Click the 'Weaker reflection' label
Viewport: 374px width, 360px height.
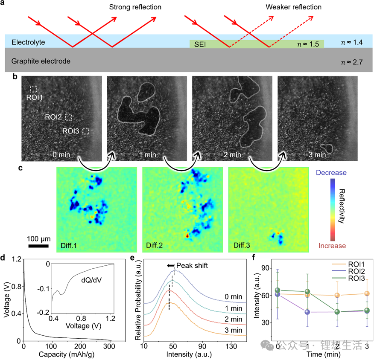pyautogui.click(x=293, y=7)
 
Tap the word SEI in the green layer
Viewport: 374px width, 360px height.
pyautogui.click(x=199, y=44)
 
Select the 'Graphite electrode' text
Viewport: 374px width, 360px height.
pyautogui.click(x=41, y=61)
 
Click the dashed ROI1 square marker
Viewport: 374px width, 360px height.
pyautogui.click(x=33, y=89)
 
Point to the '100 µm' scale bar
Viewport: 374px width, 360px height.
pyautogui.click(x=38, y=246)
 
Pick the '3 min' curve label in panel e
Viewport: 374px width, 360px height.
pyautogui.click(x=234, y=330)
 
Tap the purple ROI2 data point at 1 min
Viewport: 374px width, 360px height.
pyautogui.click(x=307, y=312)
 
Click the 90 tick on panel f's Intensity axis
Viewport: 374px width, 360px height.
pyautogui.click(x=269, y=268)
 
